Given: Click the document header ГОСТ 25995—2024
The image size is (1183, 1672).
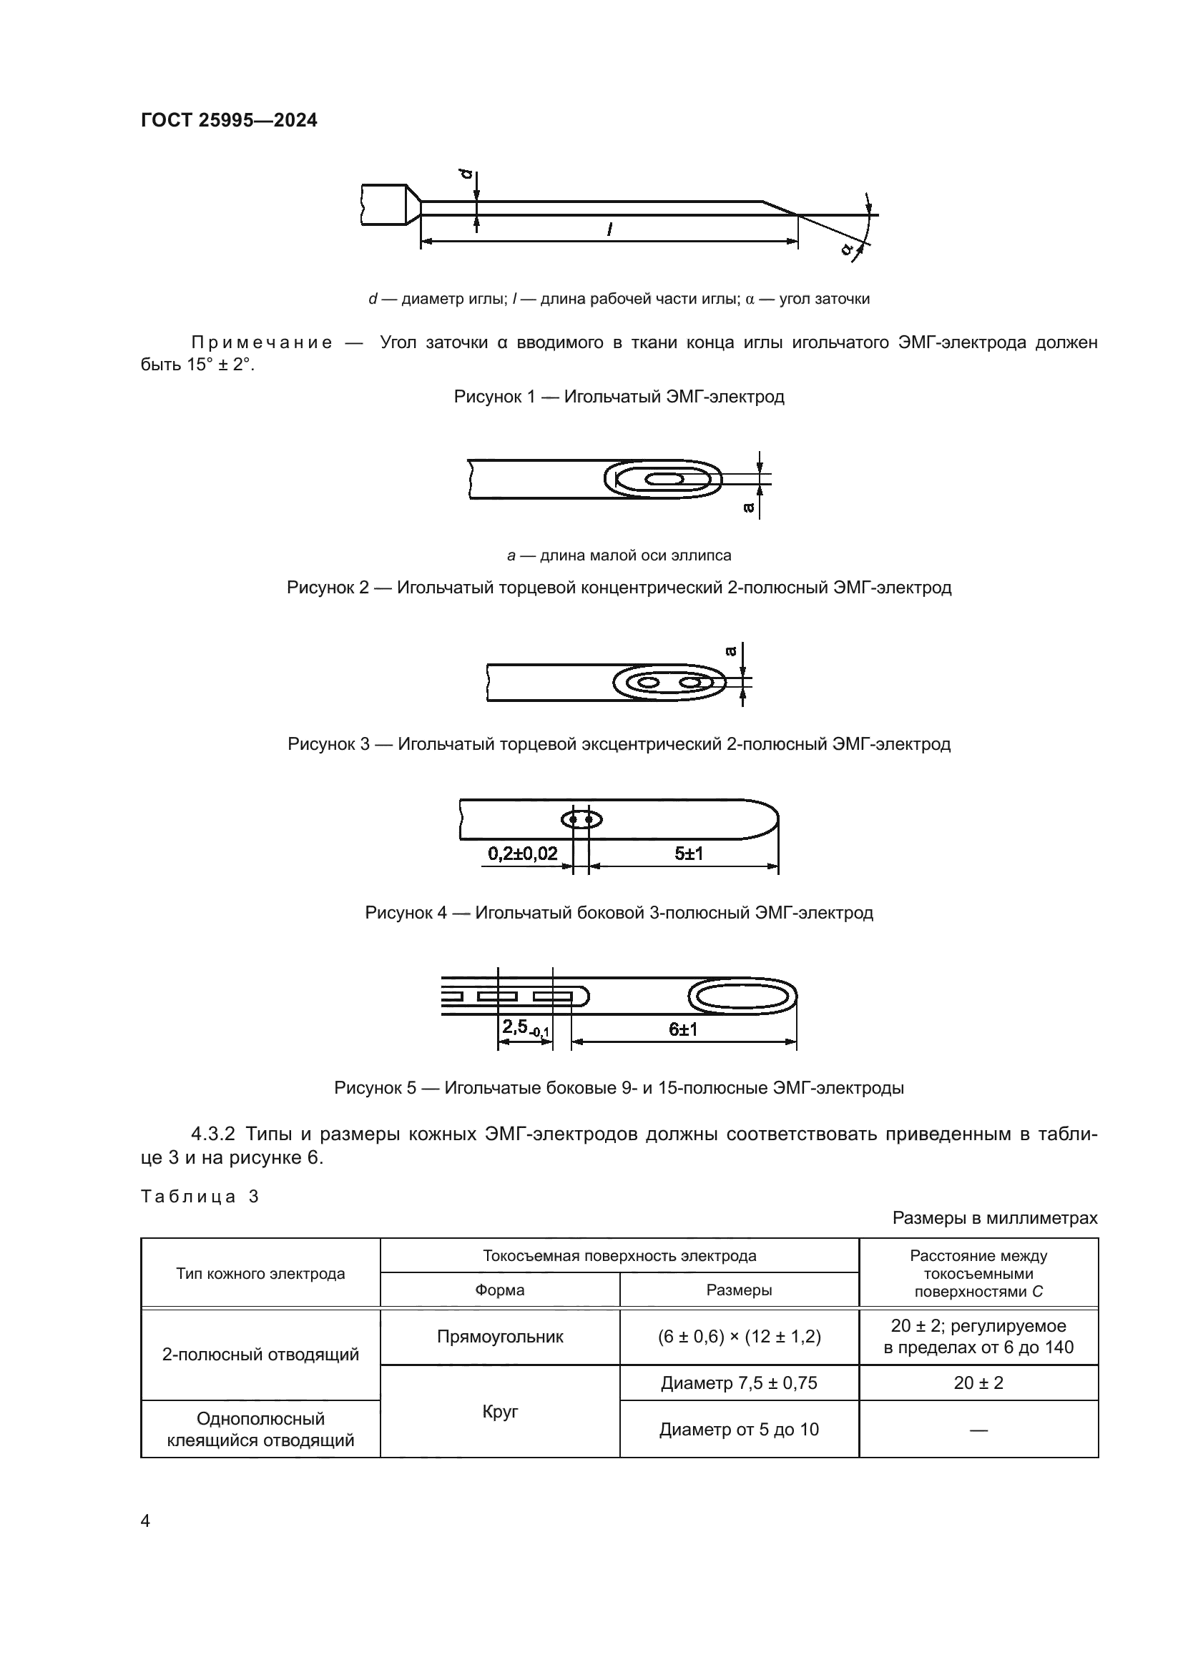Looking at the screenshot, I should coord(229,120).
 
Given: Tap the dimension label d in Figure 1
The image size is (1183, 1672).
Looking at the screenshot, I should coord(466,176).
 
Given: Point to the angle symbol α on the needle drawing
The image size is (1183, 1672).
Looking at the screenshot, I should coord(846,248).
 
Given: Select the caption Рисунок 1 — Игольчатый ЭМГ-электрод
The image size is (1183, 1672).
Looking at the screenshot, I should coord(619,397).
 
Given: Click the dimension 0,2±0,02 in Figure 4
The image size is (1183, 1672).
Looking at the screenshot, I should coord(522,854).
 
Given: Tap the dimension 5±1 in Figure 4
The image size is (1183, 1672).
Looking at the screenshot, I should coord(688,854).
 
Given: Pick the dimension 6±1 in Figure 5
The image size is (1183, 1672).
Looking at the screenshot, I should coord(682,1029).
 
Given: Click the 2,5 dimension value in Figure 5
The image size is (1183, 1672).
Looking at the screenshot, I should coord(515,1027).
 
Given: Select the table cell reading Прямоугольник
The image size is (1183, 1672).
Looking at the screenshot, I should coord(500,1336).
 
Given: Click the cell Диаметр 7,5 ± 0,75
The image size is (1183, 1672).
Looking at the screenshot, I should coord(739,1382).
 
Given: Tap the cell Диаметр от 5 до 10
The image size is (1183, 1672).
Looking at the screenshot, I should coord(739,1429).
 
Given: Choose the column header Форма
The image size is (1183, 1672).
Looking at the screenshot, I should coord(500,1290).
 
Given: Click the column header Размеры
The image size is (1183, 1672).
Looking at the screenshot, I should coord(739,1290).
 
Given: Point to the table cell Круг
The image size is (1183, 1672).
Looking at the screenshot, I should coord(500,1410).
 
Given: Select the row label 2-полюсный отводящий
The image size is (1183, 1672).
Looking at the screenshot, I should coord(260,1354).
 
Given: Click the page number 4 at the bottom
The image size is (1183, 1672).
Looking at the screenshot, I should coord(145,1520).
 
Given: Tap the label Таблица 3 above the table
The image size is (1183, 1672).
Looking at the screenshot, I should coord(200,1197).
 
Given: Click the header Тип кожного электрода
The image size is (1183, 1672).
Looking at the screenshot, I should coord(260,1274).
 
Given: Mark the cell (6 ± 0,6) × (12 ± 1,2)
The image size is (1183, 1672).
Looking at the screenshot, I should coord(739,1336).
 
